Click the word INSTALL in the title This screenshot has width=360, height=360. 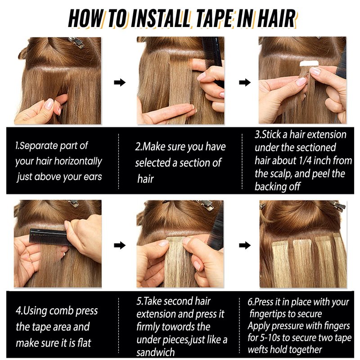pos(161,18)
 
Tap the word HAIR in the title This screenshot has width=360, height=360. pos(276,18)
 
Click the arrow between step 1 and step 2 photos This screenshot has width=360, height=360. pos(120,82)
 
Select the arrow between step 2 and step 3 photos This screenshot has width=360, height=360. pos(245,82)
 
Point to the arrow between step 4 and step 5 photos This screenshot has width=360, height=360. pos(120,245)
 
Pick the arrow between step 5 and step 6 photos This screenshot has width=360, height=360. pos(245,245)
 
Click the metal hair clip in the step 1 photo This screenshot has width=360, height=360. pos(76,42)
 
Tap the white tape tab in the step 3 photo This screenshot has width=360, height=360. pos(309,64)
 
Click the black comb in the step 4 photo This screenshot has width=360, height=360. pos(48,237)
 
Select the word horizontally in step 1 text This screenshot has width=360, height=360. pos(77,162)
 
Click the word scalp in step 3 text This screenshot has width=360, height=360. pos(281,174)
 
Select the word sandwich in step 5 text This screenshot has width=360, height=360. pos(156,352)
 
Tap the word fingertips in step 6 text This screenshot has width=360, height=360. pos(265,314)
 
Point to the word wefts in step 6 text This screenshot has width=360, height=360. pos(257,350)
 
